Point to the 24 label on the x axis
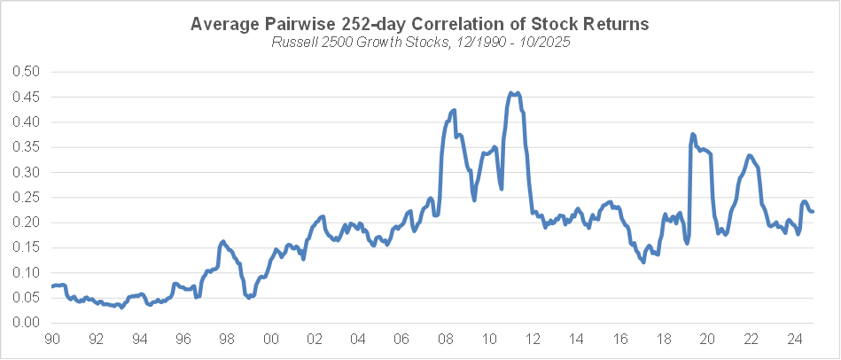(x=794, y=340)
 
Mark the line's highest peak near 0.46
(x=513, y=92)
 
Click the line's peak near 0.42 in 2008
(x=454, y=111)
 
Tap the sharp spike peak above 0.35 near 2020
(x=693, y=135)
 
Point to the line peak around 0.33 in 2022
(x=750, y=156)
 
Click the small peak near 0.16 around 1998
(x=222, y=241)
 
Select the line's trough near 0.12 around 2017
(x=643, y=262)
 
